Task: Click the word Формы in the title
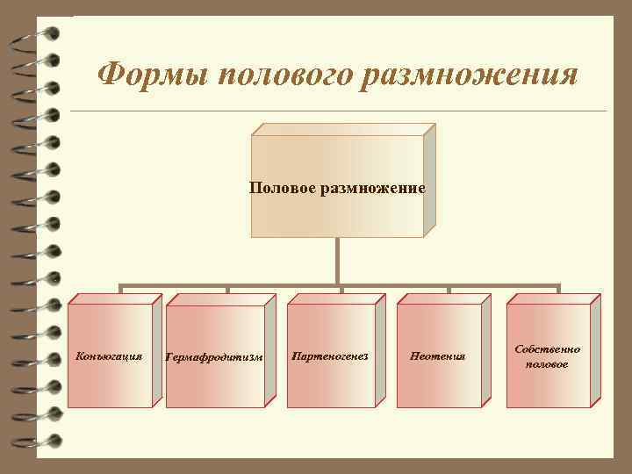click(x=148, y=74)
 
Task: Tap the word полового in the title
click(x=280, y=74)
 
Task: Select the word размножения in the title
click(x=469, y=74)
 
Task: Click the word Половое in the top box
click(x=283, y=188)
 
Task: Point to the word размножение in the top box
click(x=372, y=188)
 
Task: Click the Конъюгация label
click(x=109, y=356)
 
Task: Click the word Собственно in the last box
click(x=547, y=348)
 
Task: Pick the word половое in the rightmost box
click(x=547, y=363)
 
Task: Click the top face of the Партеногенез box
click(x=337, y=298)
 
